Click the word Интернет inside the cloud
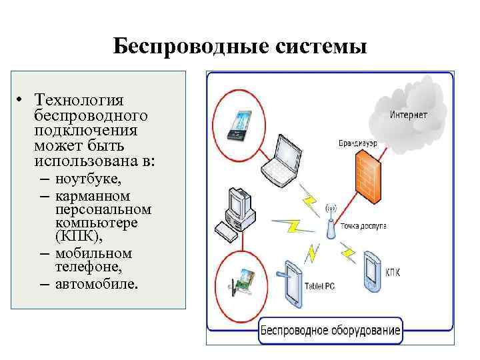coord(409,115)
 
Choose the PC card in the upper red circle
coord(238,124)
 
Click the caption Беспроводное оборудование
coord(329,330)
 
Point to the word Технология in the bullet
coord(79,100)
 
